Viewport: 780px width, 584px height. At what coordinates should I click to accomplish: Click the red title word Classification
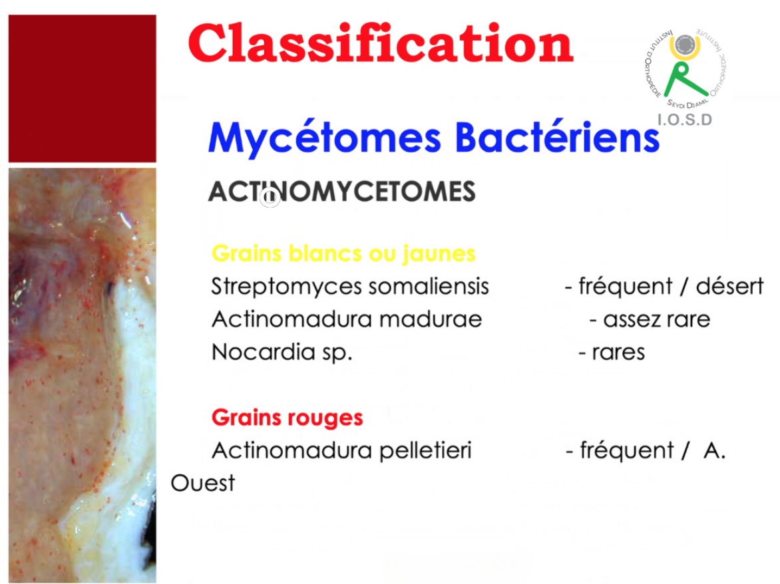point(381,44)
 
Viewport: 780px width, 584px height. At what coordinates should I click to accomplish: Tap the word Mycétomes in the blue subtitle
point(324,138)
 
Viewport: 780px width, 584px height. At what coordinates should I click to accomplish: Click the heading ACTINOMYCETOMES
point(341,192)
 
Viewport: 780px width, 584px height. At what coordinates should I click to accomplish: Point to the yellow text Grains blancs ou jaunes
point(343,253)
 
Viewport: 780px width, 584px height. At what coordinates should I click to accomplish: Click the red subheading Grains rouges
point(287,418)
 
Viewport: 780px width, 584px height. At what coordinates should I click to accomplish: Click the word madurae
point(431,319)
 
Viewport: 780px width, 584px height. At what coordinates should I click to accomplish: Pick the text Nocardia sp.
point(282,353)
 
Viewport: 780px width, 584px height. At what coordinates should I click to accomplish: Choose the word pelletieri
point(425,451)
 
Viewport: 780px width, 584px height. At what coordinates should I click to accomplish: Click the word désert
point(729,286)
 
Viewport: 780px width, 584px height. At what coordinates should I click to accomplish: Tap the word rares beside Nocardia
point(618,353)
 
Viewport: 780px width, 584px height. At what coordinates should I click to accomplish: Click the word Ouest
point(202,483)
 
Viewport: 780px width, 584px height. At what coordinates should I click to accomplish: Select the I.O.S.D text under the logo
point(684,120)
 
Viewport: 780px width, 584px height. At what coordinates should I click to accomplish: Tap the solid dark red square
point(82,88)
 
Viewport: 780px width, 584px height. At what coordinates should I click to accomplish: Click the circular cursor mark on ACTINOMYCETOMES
point(270,198)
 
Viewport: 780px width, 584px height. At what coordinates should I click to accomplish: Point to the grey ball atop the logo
point(685,45)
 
